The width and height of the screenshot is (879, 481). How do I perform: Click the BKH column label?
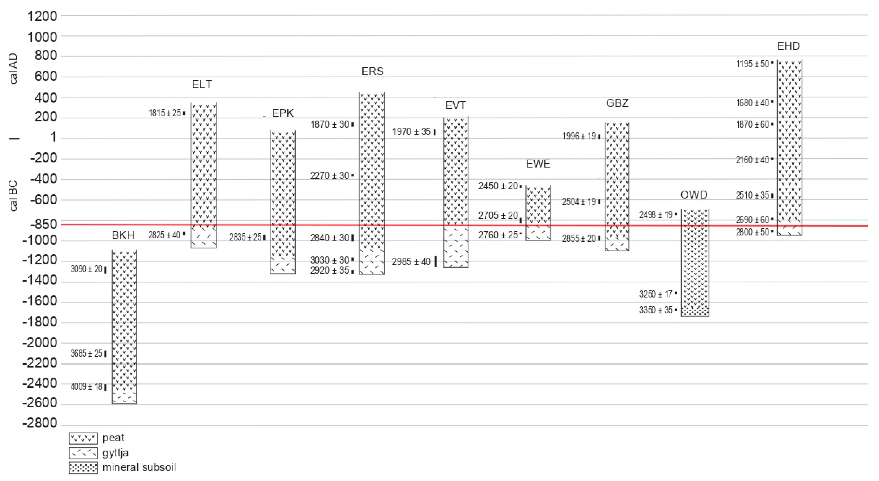click(123, 235)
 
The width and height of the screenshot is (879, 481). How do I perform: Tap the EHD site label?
click(788, 46)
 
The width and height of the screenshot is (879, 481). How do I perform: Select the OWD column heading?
click(694, 195)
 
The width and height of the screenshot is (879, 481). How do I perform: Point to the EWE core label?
click(538, 164)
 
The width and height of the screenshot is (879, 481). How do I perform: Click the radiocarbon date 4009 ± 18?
click(86, 387)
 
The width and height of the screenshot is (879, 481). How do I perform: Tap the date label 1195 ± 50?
click(752, 64)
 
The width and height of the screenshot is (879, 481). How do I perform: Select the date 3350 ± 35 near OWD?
click(655, 310)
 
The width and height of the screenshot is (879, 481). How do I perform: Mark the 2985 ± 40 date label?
click(411, 262)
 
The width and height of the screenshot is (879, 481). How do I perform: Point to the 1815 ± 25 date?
click(165, 113)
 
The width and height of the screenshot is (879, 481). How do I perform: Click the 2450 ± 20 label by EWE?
click(498, 186)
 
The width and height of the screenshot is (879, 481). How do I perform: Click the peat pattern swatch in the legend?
click(83, 438)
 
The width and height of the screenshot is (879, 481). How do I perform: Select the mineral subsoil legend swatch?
click(83, 468)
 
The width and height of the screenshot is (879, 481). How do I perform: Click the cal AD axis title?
click(13, 69)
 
